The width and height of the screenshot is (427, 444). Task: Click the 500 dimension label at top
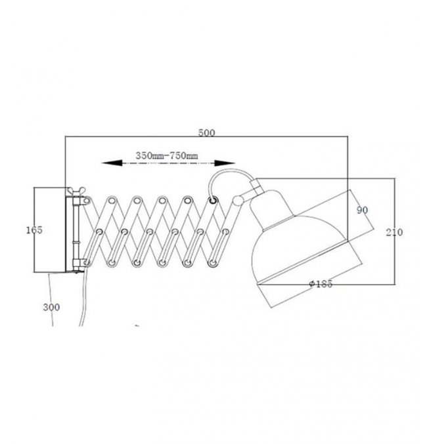pos(206,132)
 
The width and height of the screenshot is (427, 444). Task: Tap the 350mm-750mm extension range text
pos(167,155)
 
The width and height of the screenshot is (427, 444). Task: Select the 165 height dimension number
pos(34,230)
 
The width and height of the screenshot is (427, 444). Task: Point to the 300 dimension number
pos(51,307)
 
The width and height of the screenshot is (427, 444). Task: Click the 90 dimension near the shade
pos(363,210)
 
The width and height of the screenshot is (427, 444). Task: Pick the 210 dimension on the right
pos(394,232)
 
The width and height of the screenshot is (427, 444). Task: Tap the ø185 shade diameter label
pos(321,284)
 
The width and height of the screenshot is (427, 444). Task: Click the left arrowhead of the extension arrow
pos(112,163)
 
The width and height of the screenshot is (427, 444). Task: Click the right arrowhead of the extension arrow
pos(225,163)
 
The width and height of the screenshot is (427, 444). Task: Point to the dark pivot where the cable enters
pos(213,201)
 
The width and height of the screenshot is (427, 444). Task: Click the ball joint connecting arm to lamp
pos(238,201)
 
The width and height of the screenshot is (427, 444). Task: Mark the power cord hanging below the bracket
pos(83,297)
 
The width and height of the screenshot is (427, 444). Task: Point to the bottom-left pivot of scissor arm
pos(87,263)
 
